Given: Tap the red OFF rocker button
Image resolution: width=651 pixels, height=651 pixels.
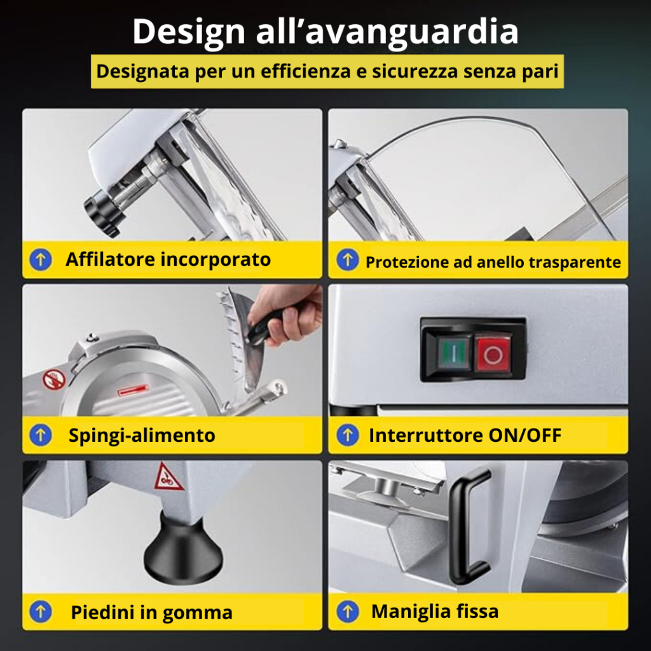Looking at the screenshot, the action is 493,354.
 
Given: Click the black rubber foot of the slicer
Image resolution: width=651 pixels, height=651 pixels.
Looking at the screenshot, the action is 183,549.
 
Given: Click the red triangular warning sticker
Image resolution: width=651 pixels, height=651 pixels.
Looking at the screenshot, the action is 168,477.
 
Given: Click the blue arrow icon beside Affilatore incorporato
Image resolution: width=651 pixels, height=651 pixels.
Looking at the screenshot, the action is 41,259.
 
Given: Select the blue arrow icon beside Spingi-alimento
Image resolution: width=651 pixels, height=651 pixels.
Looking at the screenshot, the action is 41,435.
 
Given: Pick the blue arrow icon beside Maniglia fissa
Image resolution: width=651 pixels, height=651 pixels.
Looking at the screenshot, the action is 348,612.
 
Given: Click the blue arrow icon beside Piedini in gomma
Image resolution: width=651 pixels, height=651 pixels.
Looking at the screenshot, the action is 41,612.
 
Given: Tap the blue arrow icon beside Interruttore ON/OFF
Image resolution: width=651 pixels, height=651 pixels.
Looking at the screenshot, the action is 348,435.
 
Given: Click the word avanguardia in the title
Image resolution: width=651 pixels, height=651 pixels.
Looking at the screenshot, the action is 411,32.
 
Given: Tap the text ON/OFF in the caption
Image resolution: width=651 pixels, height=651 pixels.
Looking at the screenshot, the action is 524,435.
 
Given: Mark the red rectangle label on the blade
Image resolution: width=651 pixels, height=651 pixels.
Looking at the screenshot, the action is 133,390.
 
